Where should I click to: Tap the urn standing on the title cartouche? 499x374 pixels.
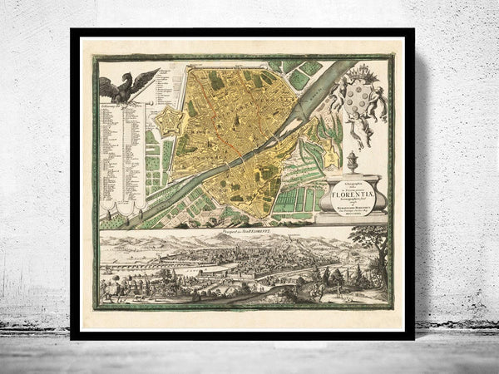[x=351, y=161]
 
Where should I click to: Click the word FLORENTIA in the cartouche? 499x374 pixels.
[x=355, y=188]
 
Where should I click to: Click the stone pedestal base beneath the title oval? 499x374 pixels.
[x=356, y=218]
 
